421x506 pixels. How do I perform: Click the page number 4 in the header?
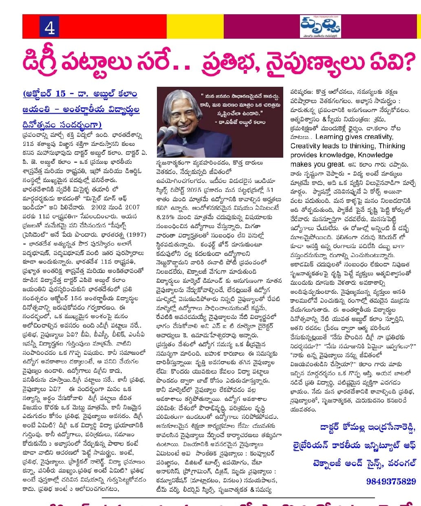[50, 28]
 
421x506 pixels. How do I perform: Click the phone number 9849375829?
[391, 481]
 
